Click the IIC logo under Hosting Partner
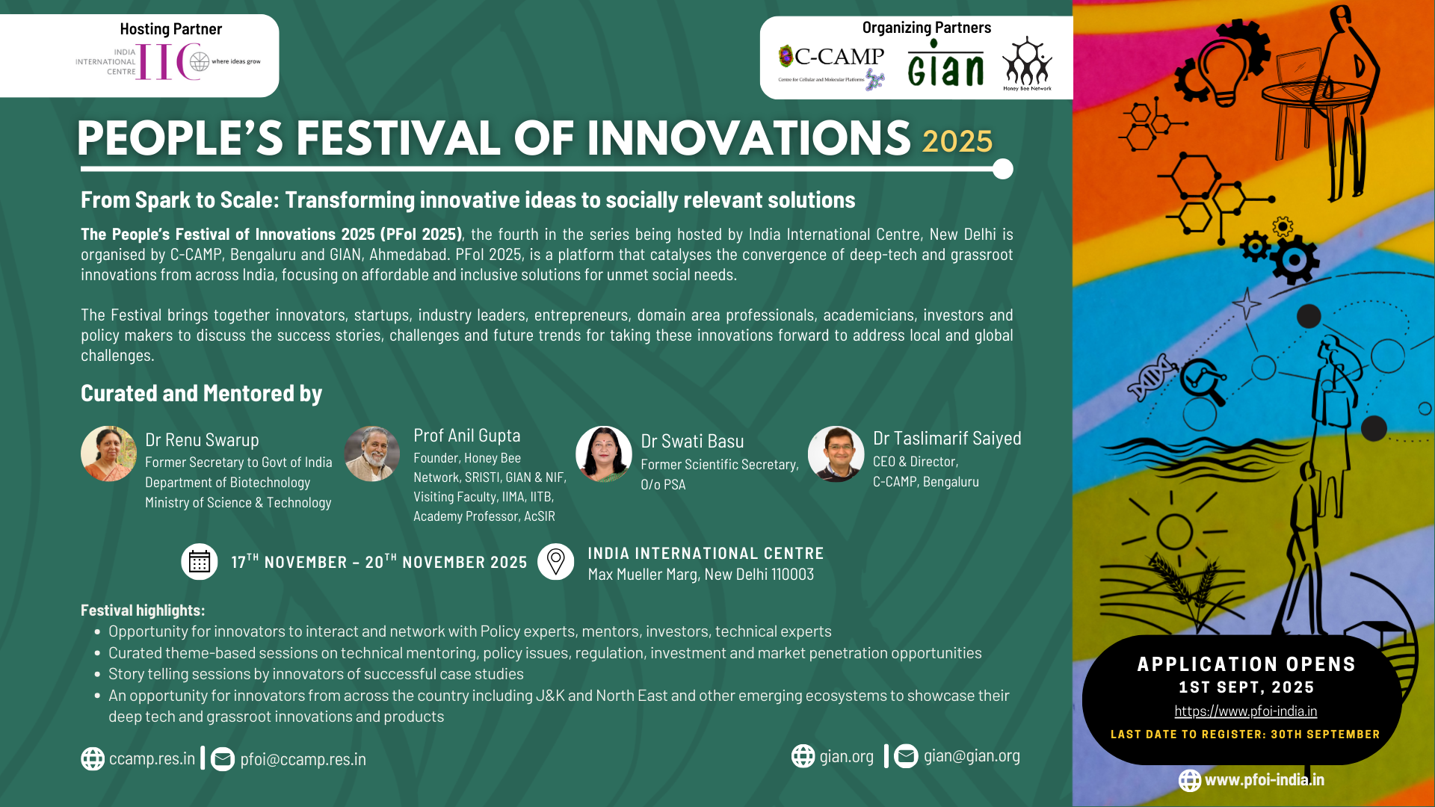tap(168, 61)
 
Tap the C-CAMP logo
tap(831, 67)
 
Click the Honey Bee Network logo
tap(1027, 64)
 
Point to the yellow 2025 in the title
tap(957, 141)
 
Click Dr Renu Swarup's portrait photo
tap(108, 454)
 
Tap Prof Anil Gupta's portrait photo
tap(371, 454)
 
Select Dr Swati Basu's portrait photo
tap(603, 454)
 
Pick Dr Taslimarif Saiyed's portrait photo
tap(836, 454)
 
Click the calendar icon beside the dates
tap(200, 561)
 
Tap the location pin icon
tap(556, 561)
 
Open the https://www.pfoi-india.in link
tap(1245, 711)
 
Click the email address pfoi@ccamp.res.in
tap(303, 759)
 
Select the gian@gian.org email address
tap(972, 755)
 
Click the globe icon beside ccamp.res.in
tap(93, 758)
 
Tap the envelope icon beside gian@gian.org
tap(906, 756)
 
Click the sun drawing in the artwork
tap(1173, 532)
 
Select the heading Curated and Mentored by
tap(201, 393)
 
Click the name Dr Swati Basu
tap(692, 441)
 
